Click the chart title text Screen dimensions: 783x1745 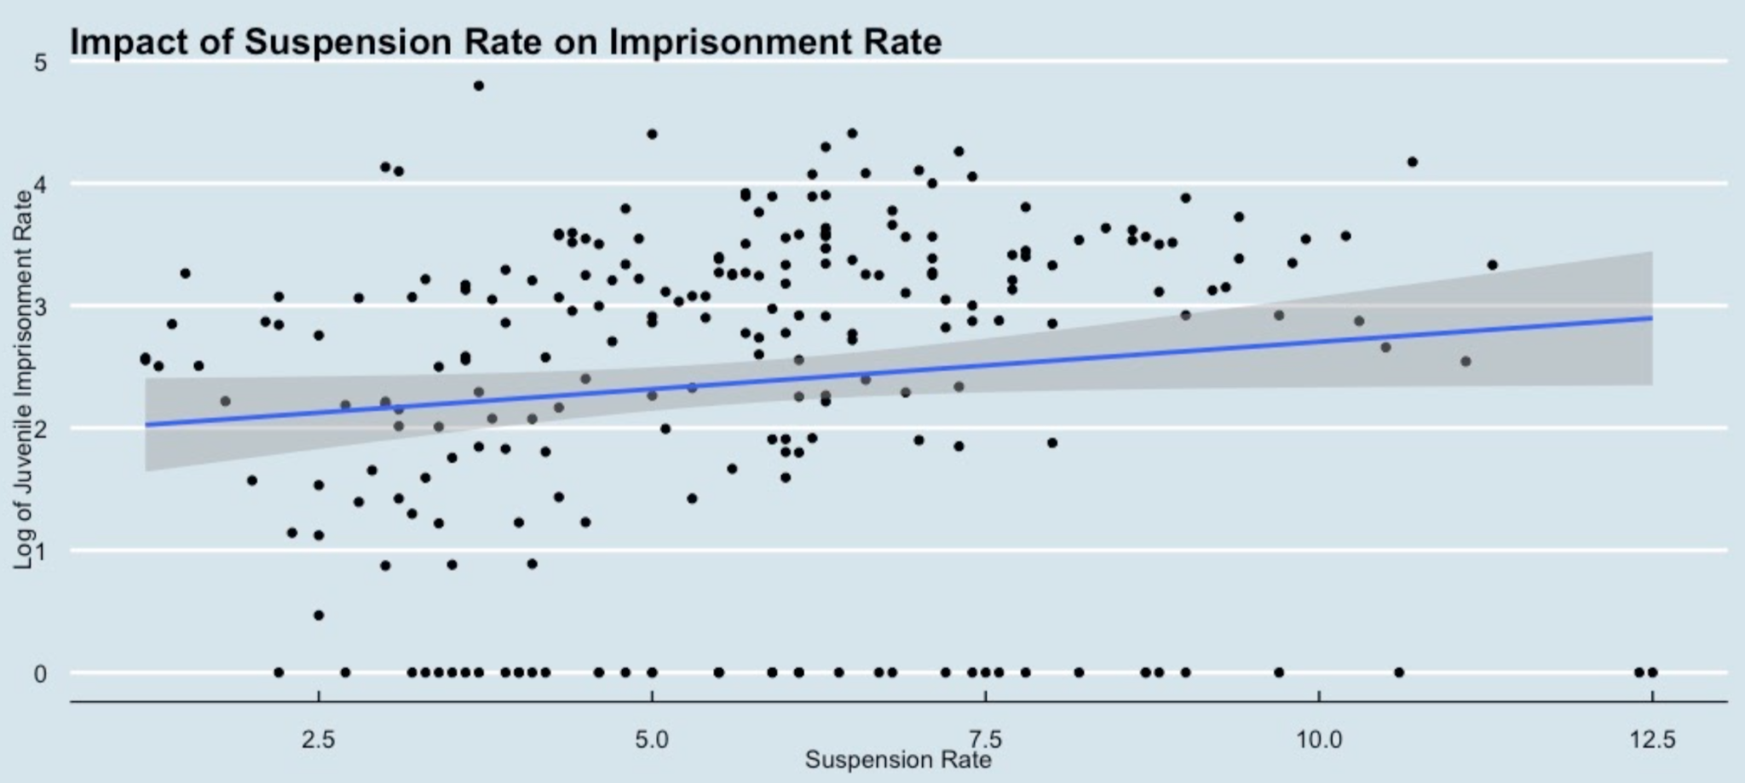pos(505,42)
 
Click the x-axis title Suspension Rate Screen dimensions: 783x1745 pos(898,759)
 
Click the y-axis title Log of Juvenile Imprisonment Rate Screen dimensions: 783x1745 pos(23,379)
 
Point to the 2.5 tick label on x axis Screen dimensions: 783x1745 pos(319,739)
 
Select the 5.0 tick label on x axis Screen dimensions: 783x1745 pos(652,739)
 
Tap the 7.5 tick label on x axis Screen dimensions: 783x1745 pos(986,739)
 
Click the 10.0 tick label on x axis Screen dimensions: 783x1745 pos(1319,739)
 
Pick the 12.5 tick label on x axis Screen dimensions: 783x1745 pos(1652,739)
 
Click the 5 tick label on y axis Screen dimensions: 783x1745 pos(40,63)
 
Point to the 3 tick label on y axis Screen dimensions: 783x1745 pos(40,308)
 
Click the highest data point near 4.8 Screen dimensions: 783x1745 pos(479,85)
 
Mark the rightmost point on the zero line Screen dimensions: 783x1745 pos(1652,672)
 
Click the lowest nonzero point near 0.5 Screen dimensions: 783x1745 pos(319,614)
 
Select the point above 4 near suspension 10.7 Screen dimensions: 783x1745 pos(1412,162)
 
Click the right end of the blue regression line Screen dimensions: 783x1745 pos(1651,318)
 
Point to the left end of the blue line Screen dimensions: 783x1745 pos(147,424)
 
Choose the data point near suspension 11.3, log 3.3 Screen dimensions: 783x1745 pos(1492,265)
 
